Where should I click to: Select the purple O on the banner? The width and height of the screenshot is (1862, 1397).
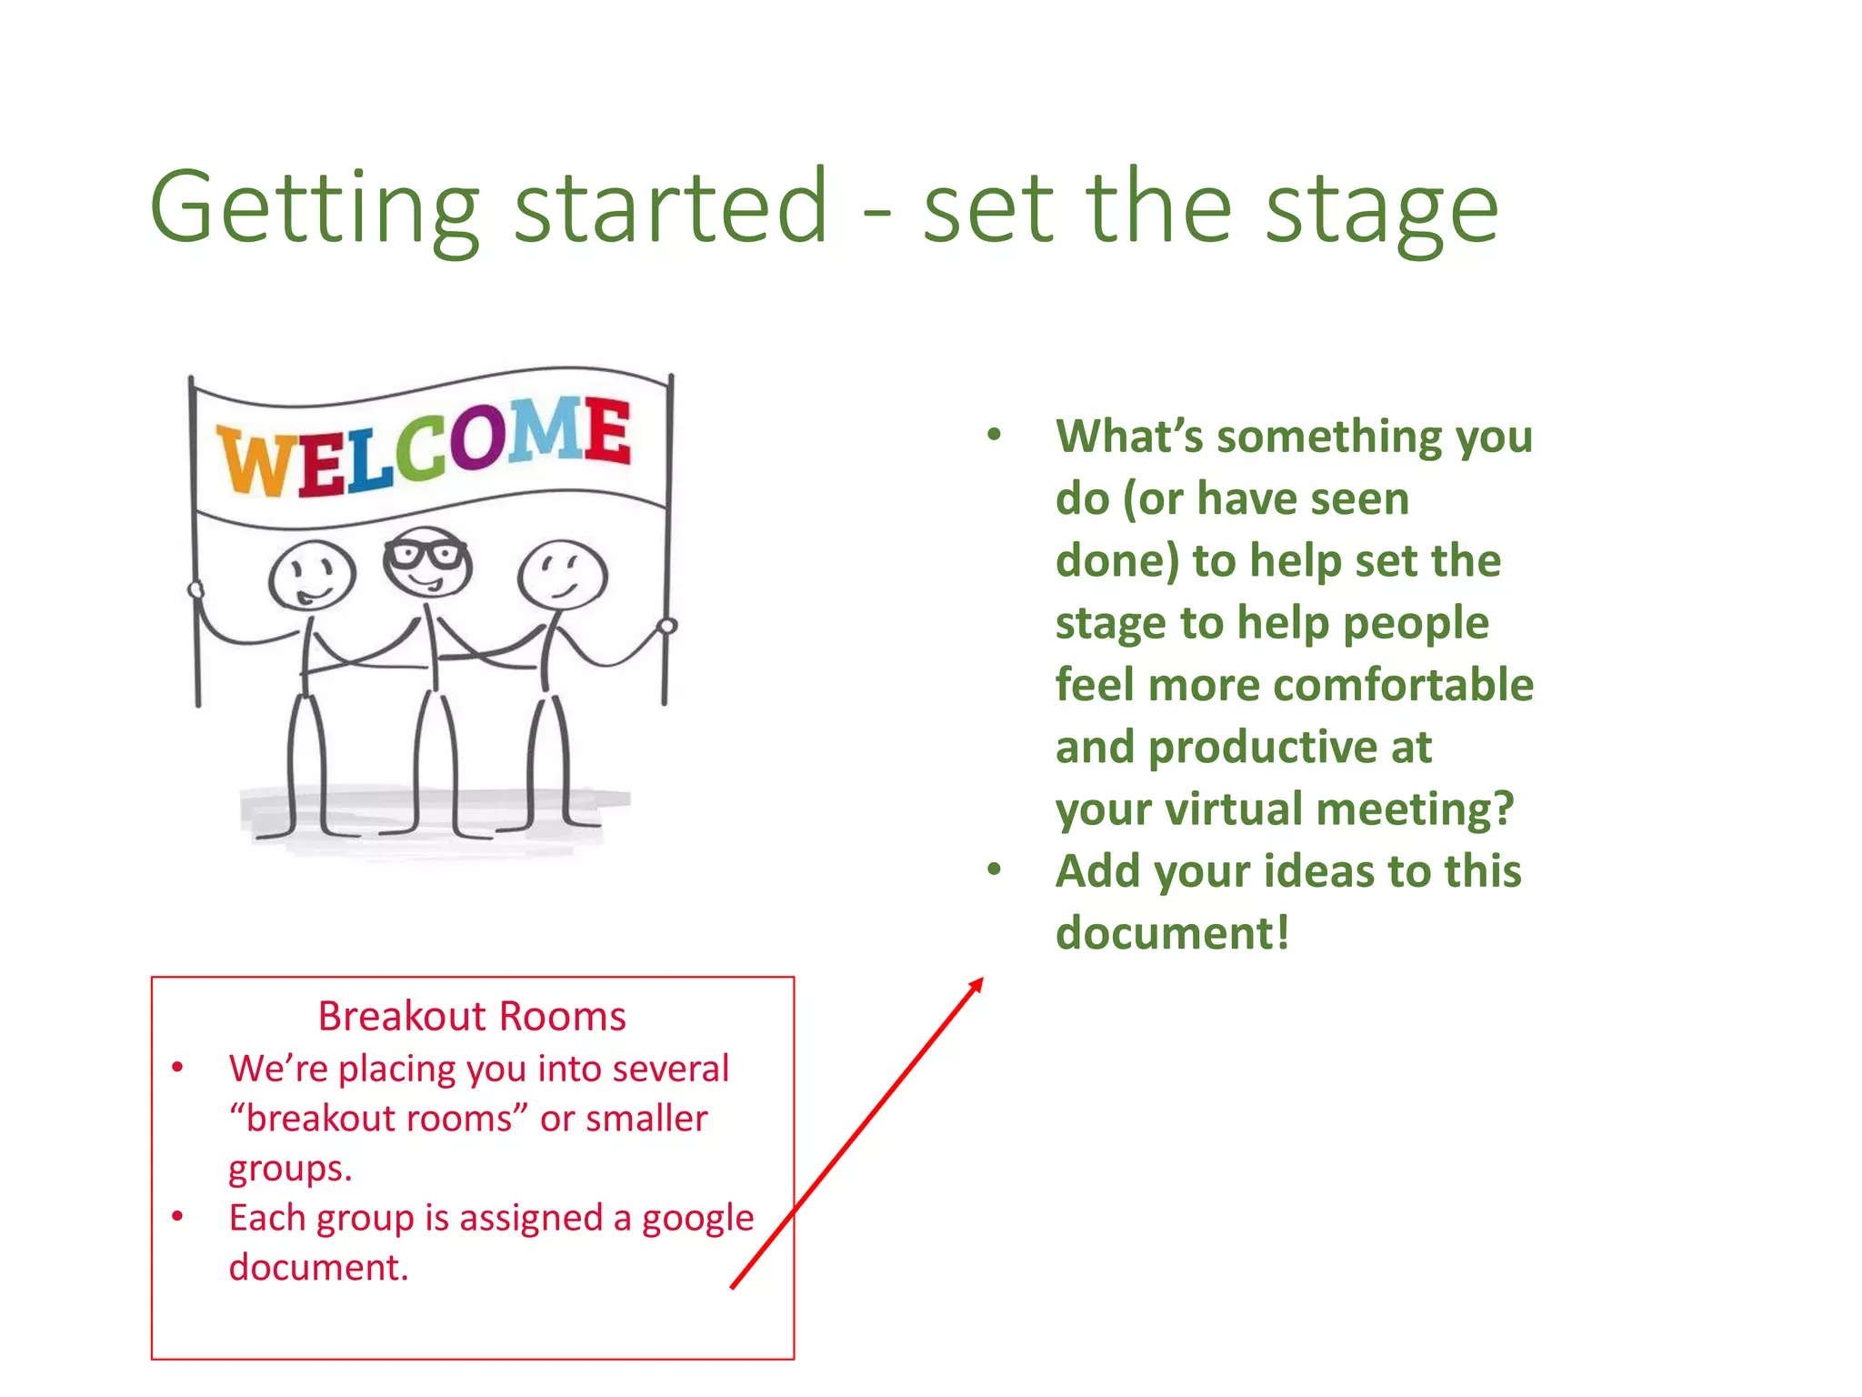tap(476, 438)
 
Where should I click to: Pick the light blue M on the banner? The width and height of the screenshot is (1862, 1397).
tap(544, 429)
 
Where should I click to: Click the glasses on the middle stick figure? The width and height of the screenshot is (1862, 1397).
tap(425, 553)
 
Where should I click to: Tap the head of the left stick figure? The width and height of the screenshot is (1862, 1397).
tap(312, 575)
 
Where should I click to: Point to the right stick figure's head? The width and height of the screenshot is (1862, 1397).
tap(563, 573)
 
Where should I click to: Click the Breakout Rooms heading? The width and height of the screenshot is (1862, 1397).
tap(472, 1016)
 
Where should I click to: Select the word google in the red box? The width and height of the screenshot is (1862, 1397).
tap(697, 1218)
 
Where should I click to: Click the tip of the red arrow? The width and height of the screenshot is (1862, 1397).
tap(981, 980)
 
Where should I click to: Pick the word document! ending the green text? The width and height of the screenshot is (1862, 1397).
tap(1172, 933)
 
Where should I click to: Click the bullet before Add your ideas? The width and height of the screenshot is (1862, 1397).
tap(994, 870)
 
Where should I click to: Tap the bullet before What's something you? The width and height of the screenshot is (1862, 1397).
tap(994, 435)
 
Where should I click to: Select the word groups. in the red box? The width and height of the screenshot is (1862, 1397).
tap(290, 1169)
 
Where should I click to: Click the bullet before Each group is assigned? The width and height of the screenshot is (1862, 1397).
tap(178, 1217)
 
